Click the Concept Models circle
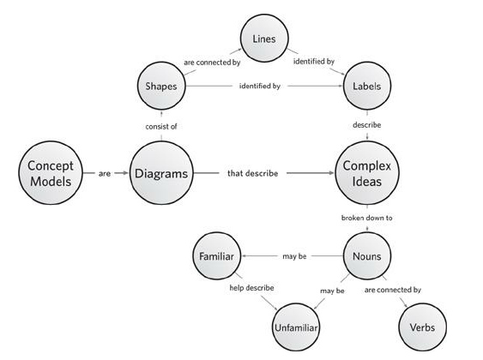click(x=51, y=173)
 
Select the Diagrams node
click(x=161, y=173)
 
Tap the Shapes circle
click(x=161, y=86)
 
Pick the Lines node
click(x=264, y=39)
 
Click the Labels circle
click(x=366, y=86)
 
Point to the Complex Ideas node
click(x=366, y=173)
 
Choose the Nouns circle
click(x=366, y=256)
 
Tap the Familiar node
click(x=216, y=256)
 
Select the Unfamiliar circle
click(x=296, y=327)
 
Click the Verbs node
click(x=422, y=327)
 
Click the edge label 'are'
click(x=105, y=173)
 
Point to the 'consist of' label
click(x=161, y=127)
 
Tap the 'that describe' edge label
click(x=252, y=173)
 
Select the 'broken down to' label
click(x=366, y=218)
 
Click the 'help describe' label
click(x=251, y=288)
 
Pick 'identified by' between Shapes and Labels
click(x=260, y=86)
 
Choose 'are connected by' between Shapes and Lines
click(x=212, y=63)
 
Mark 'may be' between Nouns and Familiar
click(x=294, y=256)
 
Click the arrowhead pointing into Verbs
click(x=405, y=304)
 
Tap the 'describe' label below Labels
click(x=366, y=125)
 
